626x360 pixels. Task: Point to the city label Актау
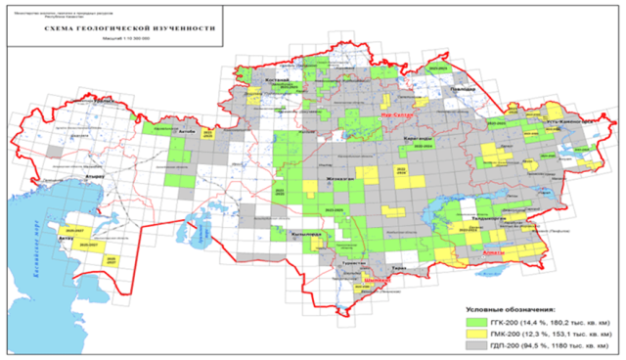pyautogui.click(x=67, y=238)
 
